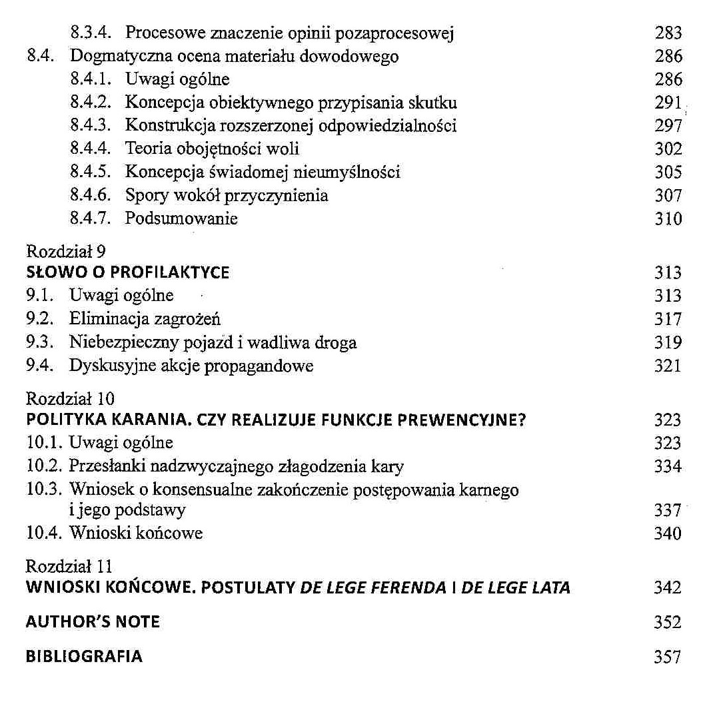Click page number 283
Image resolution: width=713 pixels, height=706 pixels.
click(668, 33)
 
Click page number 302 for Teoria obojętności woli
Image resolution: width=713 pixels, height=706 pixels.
click(668, 149)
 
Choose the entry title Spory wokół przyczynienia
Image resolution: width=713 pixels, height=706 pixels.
click(227, 196)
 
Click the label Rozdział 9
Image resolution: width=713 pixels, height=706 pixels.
click(63, 252)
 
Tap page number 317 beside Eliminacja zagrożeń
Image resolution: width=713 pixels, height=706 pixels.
click(668, 319)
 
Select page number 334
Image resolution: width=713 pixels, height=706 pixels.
click(668, 466)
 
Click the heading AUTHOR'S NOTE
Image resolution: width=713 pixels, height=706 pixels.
click(93, 622)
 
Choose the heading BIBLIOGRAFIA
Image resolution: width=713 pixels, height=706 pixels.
click(84, 656)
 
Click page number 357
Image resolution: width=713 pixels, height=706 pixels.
click(668, 657)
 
